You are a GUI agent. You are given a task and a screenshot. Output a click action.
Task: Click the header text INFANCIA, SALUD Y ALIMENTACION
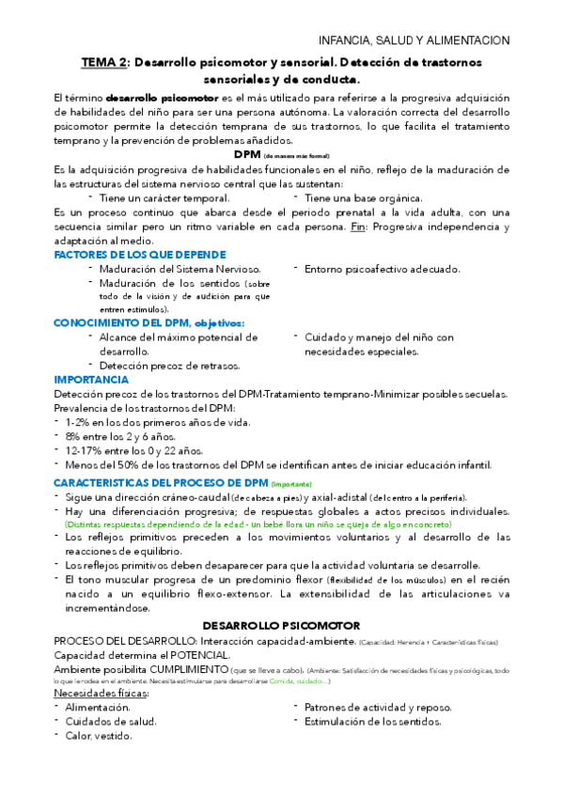(x=414, y=40)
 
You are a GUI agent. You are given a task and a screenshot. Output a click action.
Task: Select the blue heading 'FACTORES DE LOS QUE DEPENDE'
(x=140, y=255)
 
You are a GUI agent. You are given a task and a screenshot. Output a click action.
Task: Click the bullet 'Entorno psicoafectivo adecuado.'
(x=382, y=269)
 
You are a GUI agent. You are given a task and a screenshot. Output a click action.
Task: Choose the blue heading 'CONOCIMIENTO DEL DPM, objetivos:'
(x=149, y=322)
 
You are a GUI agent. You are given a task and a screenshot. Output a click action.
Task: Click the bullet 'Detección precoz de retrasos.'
(x=168, y=365)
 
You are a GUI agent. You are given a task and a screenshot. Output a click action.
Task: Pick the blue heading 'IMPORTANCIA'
(x=91, y=379)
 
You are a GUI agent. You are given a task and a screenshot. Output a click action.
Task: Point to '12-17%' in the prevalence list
(x=83, y=451)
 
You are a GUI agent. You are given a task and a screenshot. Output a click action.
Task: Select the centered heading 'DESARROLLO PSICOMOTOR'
(x=281, y=624)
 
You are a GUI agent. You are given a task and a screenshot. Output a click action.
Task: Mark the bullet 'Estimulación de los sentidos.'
(x=373, y=721)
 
